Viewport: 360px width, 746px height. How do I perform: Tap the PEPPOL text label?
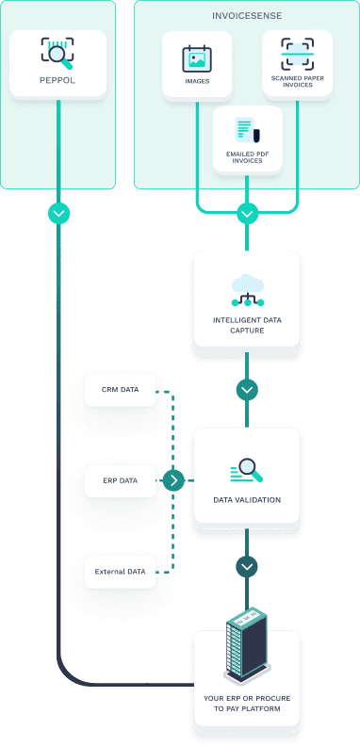[x=57, y=82]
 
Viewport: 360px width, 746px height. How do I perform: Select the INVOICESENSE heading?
[x=247, y=16]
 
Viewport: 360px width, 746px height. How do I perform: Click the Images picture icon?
[x=196, y=58]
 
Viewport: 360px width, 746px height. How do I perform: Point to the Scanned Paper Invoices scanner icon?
[x=297, y=54]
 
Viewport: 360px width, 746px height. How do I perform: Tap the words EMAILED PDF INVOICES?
[x=247, y=157]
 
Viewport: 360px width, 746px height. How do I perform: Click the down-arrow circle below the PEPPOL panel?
[x=58, y=213]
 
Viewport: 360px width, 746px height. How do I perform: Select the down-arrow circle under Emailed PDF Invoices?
[x=247, y=213]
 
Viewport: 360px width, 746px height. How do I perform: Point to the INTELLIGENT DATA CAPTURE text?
[x=247, y=326]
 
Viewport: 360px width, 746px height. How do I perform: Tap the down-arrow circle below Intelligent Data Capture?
[x=247, y=389]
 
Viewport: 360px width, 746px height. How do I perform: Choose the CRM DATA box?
[x=119, y=389]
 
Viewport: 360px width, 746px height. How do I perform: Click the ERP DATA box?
[x=119, y=480]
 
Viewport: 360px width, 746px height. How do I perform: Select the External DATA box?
[x=119, y=571]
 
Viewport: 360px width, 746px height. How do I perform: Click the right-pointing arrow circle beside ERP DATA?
[x=173, y=480]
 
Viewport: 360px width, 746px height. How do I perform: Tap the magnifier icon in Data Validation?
[x=247, y=469]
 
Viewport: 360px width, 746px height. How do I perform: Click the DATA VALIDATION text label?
[x=247, y=500]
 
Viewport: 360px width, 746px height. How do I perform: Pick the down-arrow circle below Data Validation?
[x=247, y=567]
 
